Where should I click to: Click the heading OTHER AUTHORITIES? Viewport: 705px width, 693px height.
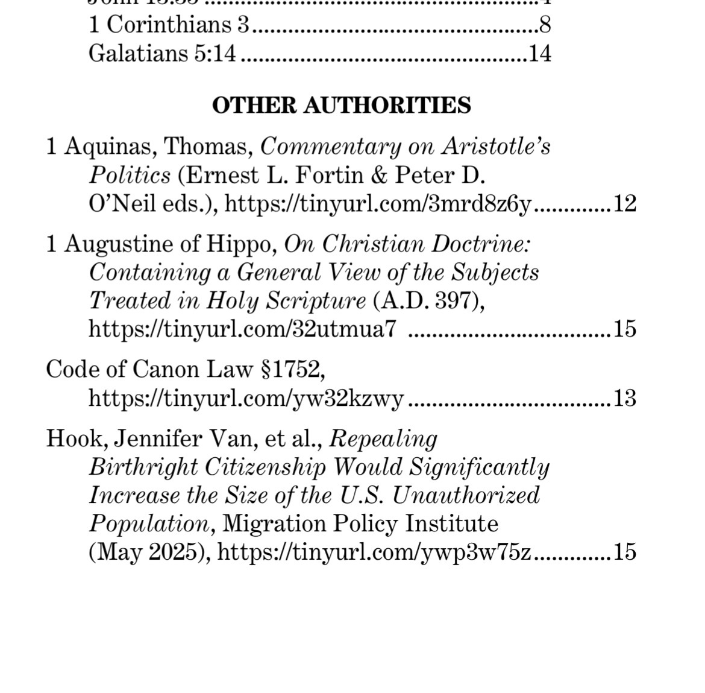pos(341,106)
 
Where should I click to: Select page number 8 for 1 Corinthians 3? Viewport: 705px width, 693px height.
pos(545,25)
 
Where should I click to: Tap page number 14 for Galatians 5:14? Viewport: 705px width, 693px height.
pos(539,54)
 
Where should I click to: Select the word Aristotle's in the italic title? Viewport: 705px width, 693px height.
pos(497,147)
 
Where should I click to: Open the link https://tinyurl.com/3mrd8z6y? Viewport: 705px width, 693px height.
pos(378,204)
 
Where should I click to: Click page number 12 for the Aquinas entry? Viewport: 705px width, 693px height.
pos(624,204)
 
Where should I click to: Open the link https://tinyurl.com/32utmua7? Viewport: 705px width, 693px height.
pos(242,329)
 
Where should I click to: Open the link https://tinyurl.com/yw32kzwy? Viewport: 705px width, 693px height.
pos(246,398)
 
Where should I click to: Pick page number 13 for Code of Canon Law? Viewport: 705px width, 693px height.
pos(624,398)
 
